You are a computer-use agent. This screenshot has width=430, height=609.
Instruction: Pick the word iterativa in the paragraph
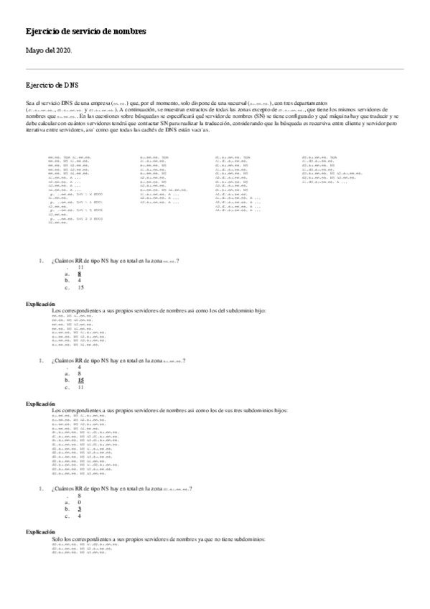(36, 131)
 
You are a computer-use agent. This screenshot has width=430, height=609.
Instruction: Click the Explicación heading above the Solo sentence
(41, 532)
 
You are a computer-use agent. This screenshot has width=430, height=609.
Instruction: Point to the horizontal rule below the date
(215, 70)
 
